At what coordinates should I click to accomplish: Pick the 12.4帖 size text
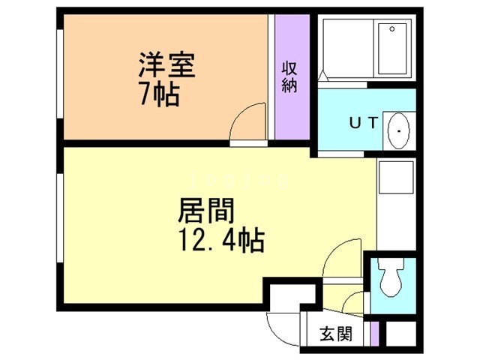point(219,241)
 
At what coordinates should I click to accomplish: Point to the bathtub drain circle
point(393,29)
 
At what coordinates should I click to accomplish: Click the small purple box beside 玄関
point(374,333)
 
